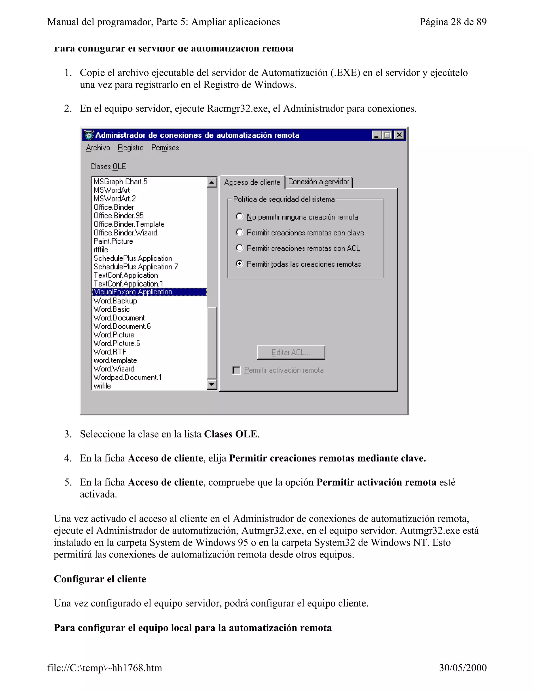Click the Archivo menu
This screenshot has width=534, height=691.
[98, 148]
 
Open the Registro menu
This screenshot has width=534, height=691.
[130, 148]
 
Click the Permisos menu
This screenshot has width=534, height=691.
[165, 148]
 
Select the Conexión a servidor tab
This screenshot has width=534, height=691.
[319, 182]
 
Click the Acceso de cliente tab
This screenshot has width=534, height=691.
[252, 182]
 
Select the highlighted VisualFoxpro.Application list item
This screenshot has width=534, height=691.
[133, 292]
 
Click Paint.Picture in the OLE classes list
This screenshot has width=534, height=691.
[113, 241]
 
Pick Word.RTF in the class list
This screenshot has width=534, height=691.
[110, 352]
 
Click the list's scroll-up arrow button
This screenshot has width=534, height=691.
[212, 182]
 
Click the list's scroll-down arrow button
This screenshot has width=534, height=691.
[212, 384]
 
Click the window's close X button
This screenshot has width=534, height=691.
[399, 135]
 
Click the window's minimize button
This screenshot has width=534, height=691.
[377, 135]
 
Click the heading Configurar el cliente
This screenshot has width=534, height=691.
[100, 579]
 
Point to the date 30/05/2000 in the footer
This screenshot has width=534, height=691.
[463, 668]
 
